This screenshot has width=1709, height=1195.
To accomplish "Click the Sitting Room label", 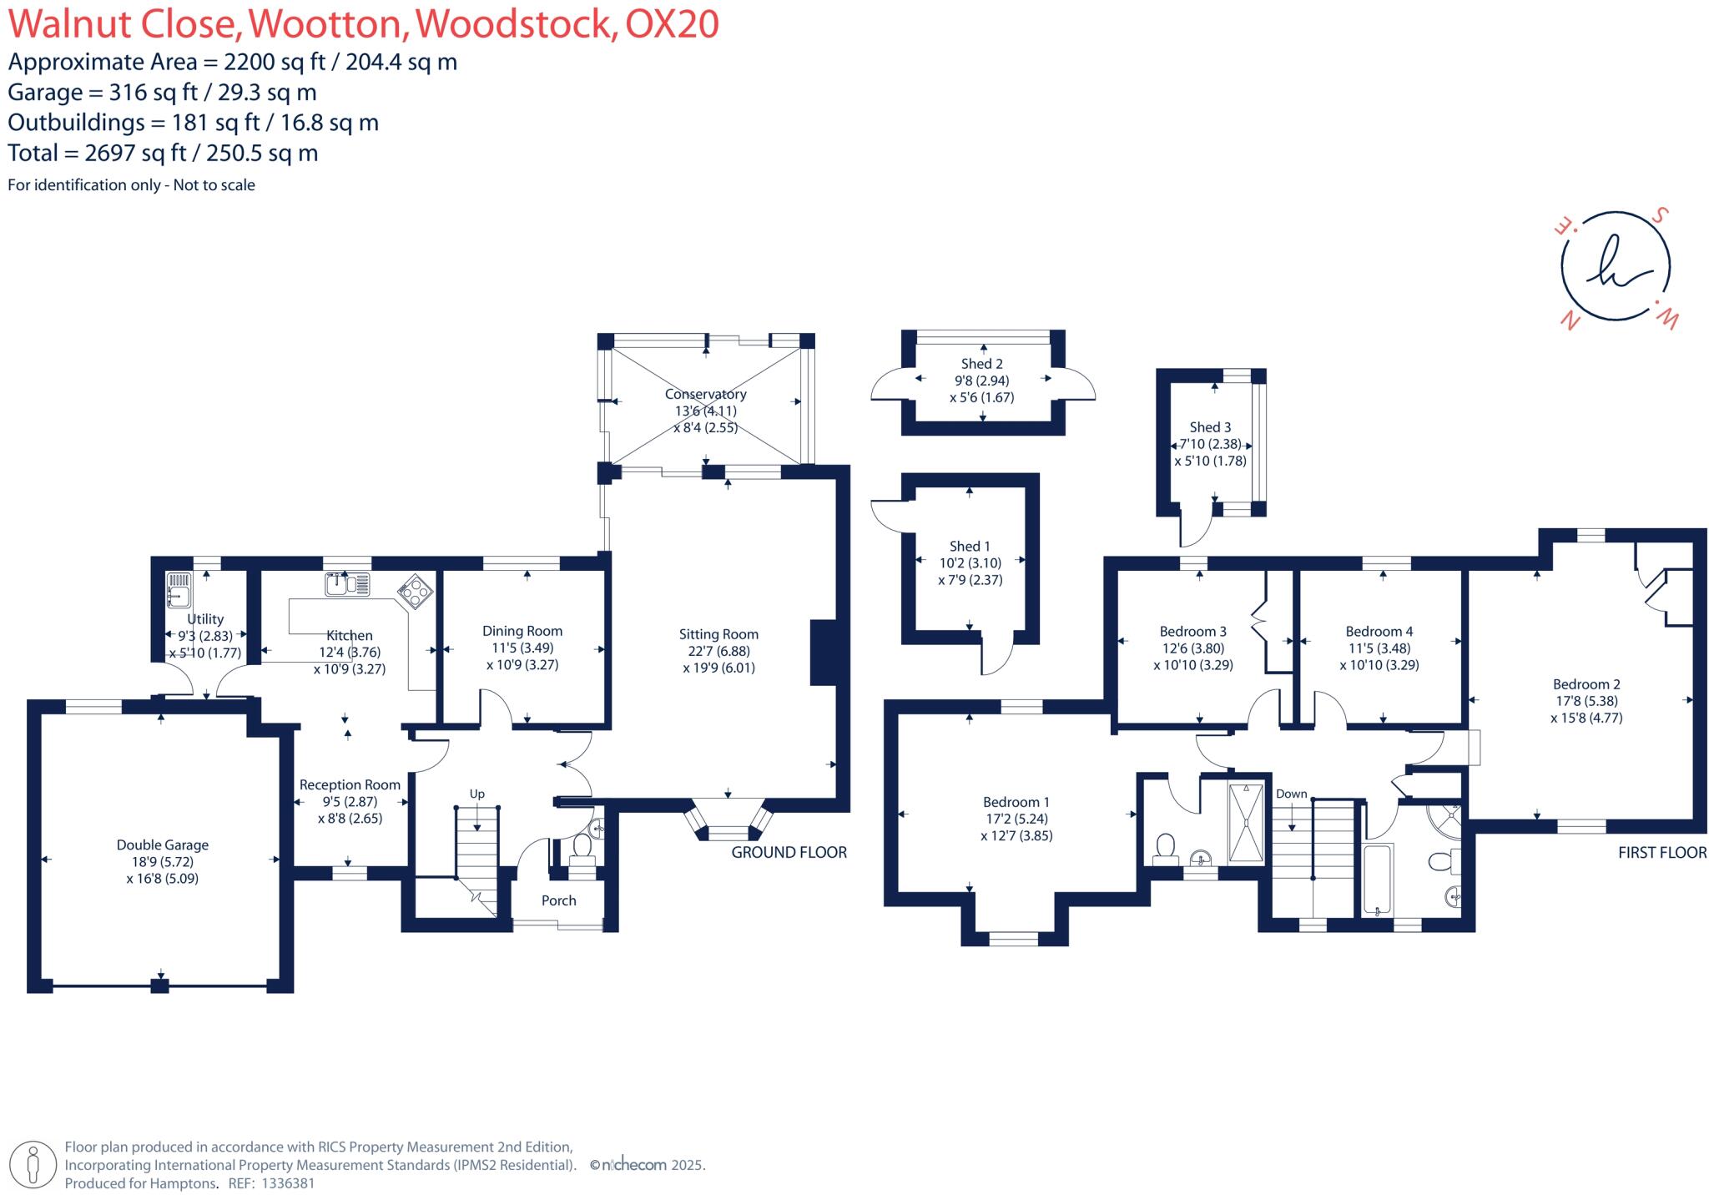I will coord(718,634).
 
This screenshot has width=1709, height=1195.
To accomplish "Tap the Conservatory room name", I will coord(705,394).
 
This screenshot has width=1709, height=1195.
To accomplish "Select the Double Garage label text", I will coord(162,845).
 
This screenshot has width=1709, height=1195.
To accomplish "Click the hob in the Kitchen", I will coord(416,591).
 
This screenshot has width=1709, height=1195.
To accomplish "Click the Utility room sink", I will coord(179,588).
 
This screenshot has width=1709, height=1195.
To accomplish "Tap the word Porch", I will coord(558,900).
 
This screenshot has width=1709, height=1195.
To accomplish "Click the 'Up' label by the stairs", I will coord(476,794).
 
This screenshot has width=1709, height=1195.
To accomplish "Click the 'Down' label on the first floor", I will coord(1291,794).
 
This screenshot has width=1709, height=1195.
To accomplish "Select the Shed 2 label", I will coord(981,364).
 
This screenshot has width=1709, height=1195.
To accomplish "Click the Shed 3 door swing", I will coord(1194,530).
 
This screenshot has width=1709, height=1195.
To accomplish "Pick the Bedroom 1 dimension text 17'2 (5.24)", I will coord(1016,819).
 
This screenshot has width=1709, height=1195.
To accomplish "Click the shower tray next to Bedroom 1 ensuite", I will coord(1247,823).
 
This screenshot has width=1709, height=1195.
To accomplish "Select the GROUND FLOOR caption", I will coord(789,852).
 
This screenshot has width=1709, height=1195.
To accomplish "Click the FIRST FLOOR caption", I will coord(1661,852).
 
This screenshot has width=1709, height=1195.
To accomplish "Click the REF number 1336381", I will coord(288,1183).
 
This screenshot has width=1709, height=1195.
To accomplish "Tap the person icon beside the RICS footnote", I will coord(33,1165).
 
